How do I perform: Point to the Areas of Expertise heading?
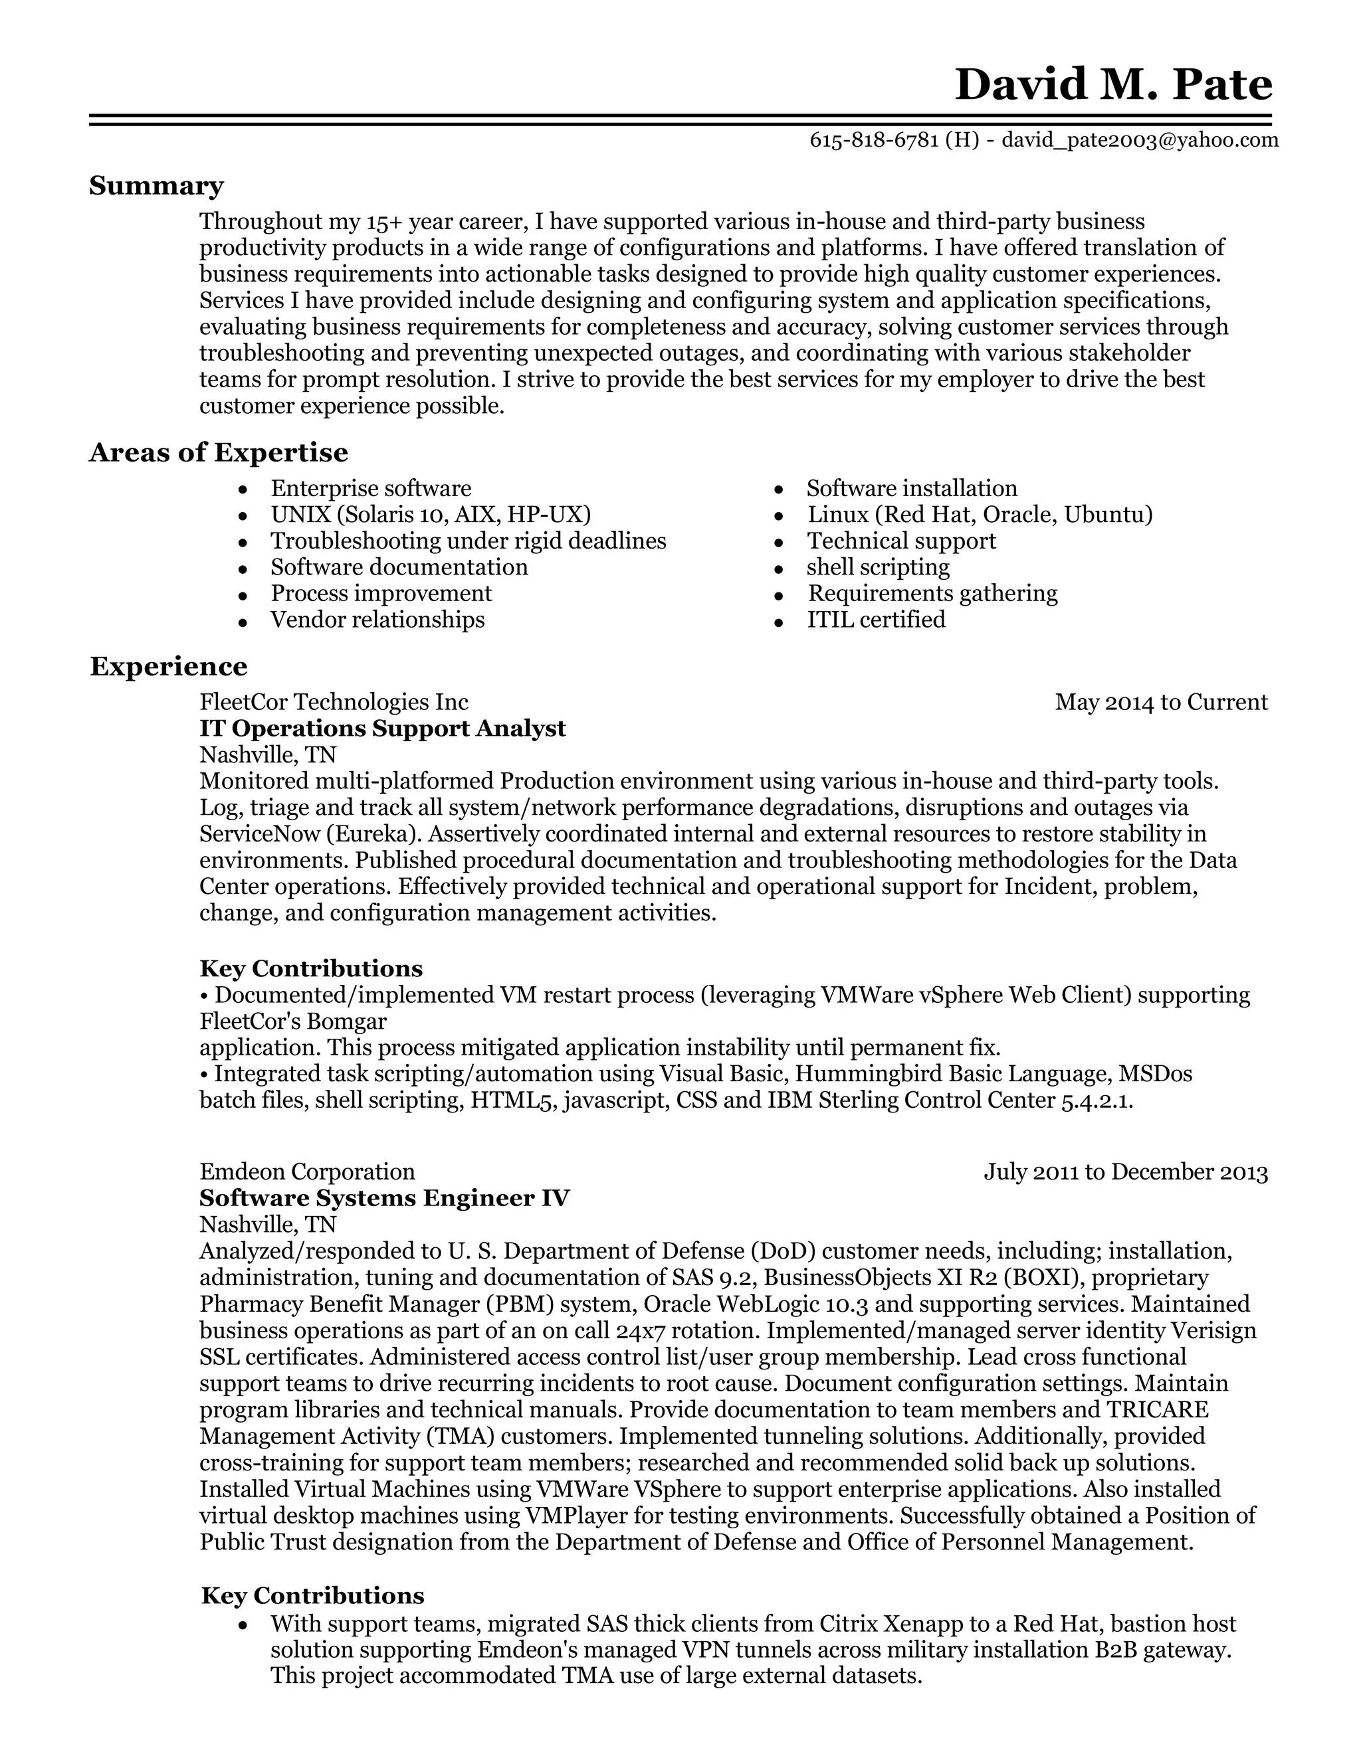coord(219,453)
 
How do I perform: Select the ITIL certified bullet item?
coord(877,620)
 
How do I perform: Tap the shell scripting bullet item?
coord(878,567)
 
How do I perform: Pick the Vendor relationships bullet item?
coord(377,620)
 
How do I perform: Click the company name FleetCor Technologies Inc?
coord(334,703)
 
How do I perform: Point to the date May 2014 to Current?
coord(1161,703)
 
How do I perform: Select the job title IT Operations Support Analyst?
coord(382,729)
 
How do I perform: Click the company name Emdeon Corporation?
coord(307,1172)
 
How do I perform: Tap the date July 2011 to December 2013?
coord(1126,1172)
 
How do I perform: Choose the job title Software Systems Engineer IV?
coord(385,1198)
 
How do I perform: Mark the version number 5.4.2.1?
coord(1097,1100)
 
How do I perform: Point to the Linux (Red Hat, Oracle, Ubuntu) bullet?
coord(980,515)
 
